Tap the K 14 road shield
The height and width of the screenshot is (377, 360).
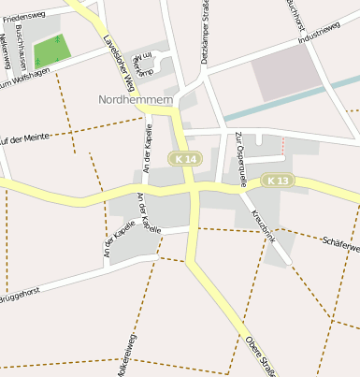185,160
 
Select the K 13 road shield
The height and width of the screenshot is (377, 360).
278,180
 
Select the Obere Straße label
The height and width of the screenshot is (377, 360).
261,355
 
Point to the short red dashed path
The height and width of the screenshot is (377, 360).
281,146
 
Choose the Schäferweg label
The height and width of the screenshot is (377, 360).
340,245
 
